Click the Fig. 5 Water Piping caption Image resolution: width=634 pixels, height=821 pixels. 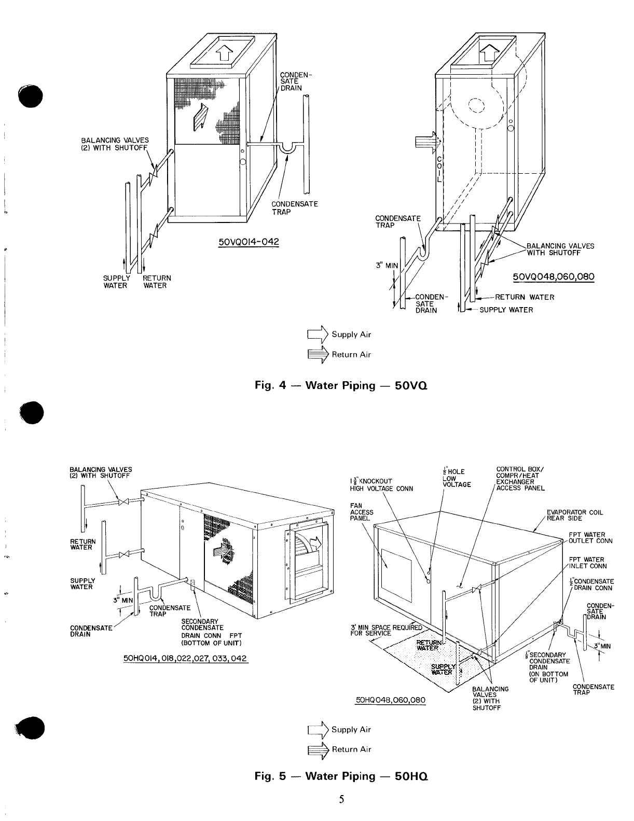coord(341,776)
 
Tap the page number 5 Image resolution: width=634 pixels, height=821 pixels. coord(342,799)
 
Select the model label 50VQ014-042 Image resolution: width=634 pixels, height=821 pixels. coord(249,242)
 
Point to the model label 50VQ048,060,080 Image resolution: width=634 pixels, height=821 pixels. coord(553,277)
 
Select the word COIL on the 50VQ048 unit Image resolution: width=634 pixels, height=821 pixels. coord(439,169)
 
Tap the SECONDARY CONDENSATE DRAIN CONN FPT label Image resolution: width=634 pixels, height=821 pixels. coord(211,632)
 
